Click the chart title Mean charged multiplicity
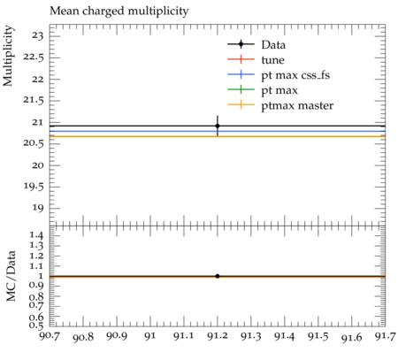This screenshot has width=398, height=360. pos(119,11)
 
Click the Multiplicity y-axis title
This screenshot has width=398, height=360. pos(8,56)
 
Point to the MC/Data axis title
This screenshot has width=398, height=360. pos(11,276)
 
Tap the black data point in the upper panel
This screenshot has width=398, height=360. pos(218,126)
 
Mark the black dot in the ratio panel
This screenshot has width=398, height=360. pos(218,276)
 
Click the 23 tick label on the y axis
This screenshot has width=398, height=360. pos(38,36)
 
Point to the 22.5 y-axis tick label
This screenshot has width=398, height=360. pos(34,57)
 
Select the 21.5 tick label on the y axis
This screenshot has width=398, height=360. pos(34,101)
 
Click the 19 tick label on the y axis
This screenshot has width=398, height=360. pos(38,208)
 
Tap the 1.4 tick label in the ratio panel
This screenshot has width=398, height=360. pos(36,235)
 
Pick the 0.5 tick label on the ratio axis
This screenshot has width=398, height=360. pos(36,325)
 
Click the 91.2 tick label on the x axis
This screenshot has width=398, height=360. pos(218,336)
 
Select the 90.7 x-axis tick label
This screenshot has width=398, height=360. pos(50,336)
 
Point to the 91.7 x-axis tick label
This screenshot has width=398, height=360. pos(385,336)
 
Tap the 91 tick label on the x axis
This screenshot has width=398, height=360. pos(150,336)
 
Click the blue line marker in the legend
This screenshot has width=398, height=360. pos(241,75)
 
